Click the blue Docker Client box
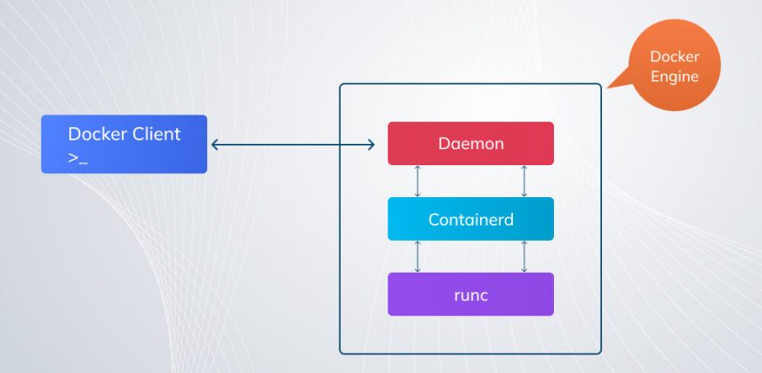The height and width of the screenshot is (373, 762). point(124,144)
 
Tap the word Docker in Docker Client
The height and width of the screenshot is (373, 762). point(97,134)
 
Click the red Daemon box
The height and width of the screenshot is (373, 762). point(470,143)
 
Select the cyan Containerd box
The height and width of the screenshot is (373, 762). point(470,218)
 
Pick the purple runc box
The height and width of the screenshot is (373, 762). point(470,294)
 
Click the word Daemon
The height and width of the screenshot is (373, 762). point(470,143)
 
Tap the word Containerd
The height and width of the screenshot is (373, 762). point(470,218)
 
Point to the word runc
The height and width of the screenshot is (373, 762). point(470,294)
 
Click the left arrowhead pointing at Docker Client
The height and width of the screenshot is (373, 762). point(214,144)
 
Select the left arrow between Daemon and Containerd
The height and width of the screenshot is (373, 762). point(418,181)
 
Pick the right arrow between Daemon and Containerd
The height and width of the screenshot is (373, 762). point(524,181)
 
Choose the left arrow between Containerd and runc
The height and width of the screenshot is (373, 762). point(418,257)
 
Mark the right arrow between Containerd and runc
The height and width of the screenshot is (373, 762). point(524,257)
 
